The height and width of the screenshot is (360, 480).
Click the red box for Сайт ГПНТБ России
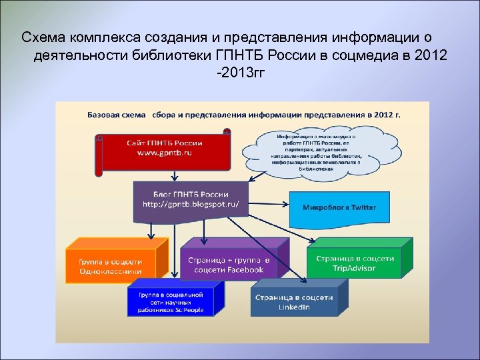pos(165,153)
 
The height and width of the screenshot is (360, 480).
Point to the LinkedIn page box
pos(294,302)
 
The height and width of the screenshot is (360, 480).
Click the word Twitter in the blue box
pos(363,208)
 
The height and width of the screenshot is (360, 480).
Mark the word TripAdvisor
pos(354,268)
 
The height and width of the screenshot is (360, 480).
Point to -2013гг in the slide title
pos(240,70)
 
